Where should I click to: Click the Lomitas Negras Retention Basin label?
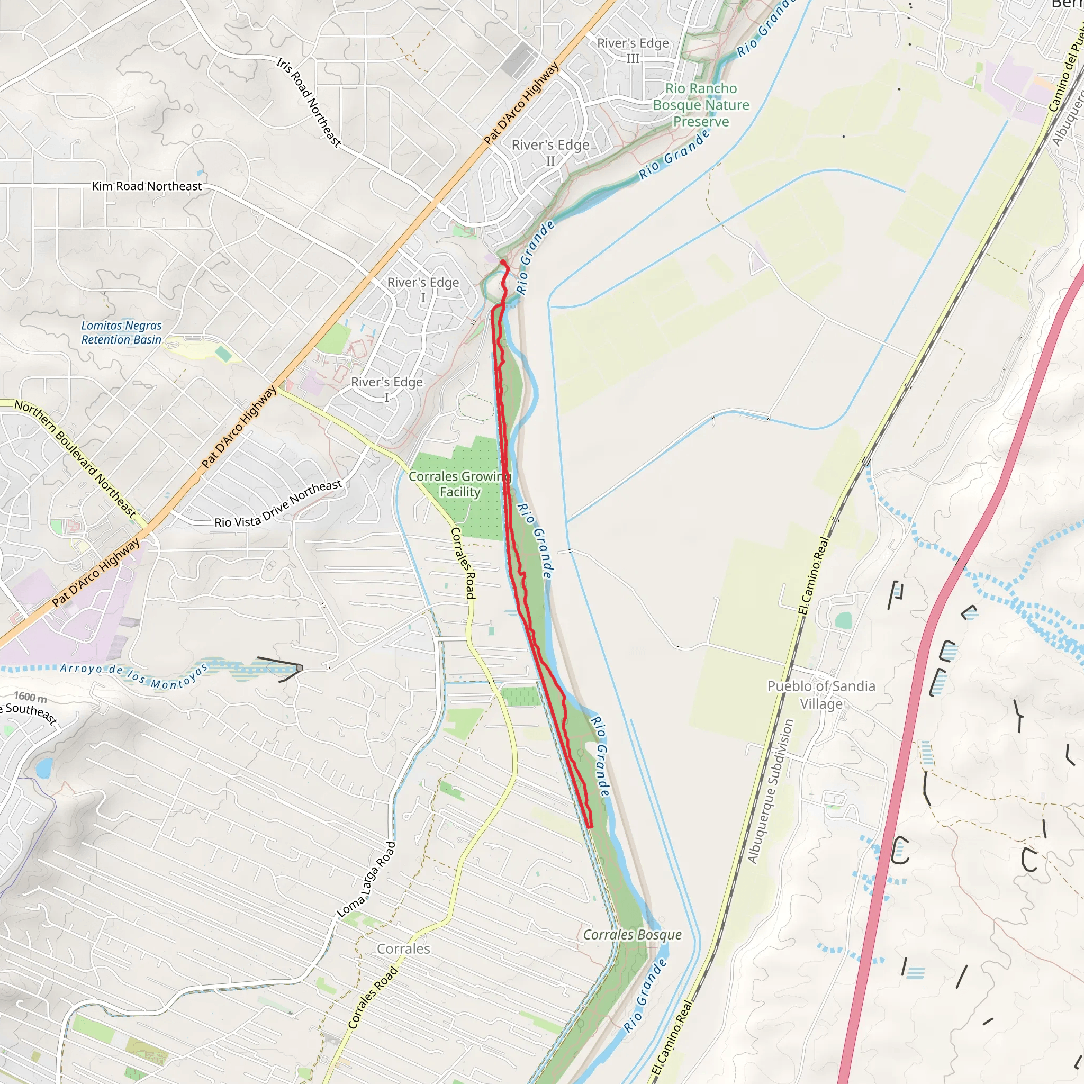click(121, 332)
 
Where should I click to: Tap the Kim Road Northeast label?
click(147, 186)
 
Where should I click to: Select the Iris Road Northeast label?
click(308, 102)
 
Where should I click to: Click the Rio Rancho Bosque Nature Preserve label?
click(701, 105)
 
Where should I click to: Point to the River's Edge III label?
click(633, 50)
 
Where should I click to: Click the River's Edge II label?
click(550, 152)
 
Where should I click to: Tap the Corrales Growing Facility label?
click(459, 484)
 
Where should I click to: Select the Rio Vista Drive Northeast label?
click(278, 503)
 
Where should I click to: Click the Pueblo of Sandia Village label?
click(821, 694)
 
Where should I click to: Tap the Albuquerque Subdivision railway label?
click(770, 791)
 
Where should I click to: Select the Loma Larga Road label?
click(367, 879)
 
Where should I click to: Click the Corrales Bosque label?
click(633, 934)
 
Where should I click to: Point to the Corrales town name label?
click(403, 949)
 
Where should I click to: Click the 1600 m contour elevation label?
click(30, 697)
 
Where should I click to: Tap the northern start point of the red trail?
click(502, 262)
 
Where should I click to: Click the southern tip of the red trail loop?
click(590, 826)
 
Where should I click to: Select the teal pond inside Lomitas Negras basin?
click(223, 354)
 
